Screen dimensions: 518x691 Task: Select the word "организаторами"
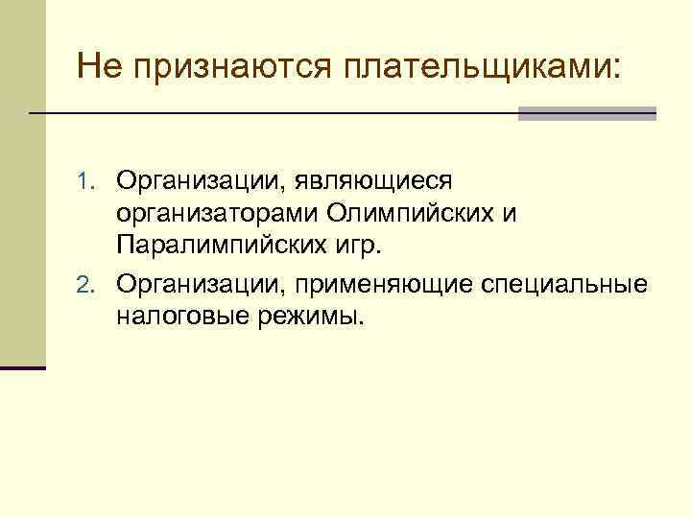coord(219,213)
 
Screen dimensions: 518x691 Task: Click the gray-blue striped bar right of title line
coord(586,113)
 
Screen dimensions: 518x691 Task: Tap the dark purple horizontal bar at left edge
coord(23,367)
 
